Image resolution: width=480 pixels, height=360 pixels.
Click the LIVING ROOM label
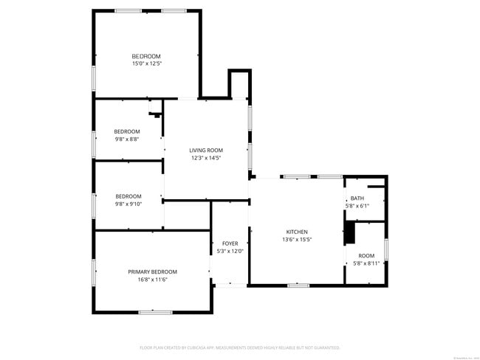pyautogui.click(x=205, y=150)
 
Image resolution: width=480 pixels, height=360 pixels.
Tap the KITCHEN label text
pyautogui.click(x=297, y=232)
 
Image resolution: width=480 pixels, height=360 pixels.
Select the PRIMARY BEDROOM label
pyautogui.click(x=152, y=271)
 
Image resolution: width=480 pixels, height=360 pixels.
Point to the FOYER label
pyautogui.click(x=230, y=243)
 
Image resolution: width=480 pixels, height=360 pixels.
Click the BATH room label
pyautogui.click(x=357, y=198)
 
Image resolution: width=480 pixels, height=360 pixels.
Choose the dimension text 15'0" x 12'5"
pyautogui.click(x=146, y=64)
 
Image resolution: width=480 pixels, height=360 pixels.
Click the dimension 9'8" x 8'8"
pyautogui.click(x=127, y=139)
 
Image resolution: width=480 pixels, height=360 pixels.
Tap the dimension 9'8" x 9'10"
pyautogui.click(x=128, y=204)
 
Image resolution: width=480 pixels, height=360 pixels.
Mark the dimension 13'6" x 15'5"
pyautogui.click(x=297, y=240)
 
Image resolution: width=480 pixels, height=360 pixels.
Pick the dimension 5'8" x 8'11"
pyautogui.click(x=366, y=263)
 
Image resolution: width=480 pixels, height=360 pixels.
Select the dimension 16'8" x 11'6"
pyautogui.click(x=152, y=280)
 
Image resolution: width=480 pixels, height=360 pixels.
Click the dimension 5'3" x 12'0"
pyautogui.click(x=230, y=252)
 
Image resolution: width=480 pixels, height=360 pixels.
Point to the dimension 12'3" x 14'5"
pyautogui.click(x=205, y=158)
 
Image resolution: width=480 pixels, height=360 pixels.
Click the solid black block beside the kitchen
pyautogui.click(x=350, y=233)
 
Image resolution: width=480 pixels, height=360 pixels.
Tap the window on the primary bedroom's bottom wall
pyautogui.click(x=154, y=313)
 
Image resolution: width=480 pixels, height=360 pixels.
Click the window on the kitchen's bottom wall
pyautogui.click(x=298, y=285)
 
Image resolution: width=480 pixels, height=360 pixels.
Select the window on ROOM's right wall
pyautogui.click(x=386, y=250)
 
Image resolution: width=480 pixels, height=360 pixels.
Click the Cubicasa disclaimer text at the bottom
pyautogui.click(x=239, y=347)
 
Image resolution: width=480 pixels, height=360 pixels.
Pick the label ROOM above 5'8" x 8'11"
pyautogui.click(x=366, y=255)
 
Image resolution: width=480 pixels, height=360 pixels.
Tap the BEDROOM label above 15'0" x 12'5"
pyautogui.click(x=146, y=56)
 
